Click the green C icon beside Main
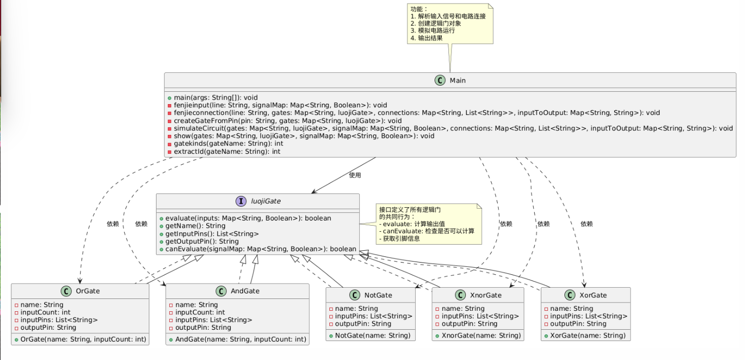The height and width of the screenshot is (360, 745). (x=440, y=81)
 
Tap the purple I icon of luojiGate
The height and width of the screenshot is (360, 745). (x=241, y=201)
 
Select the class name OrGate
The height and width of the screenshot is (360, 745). (x=88, y=291)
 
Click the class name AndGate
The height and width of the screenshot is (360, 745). (x=245, y=291)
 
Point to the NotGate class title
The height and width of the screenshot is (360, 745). (x=378, y=295)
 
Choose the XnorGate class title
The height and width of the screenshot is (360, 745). (x=485, y=295)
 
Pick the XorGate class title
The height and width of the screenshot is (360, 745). (x=593, y=295)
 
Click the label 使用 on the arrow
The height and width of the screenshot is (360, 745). (x=355, y=175)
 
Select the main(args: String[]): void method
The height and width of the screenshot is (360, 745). (x=216, y=97)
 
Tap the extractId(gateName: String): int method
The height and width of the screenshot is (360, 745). (x=227, y=152)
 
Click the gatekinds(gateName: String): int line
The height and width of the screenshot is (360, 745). (x=228, y=144)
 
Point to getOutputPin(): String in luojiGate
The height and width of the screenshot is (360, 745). (x=202, y=242)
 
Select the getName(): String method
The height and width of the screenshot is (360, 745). (x=195, y=226)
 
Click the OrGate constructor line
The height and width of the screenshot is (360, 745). (x=83, y=339)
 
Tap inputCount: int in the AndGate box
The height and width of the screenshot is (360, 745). (x=200, y=312)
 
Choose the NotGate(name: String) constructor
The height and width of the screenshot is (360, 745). (x=373, y=336)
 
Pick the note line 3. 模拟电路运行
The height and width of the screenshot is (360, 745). (x=433, y=31)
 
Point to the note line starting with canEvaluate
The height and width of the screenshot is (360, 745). (x=427, y=231)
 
